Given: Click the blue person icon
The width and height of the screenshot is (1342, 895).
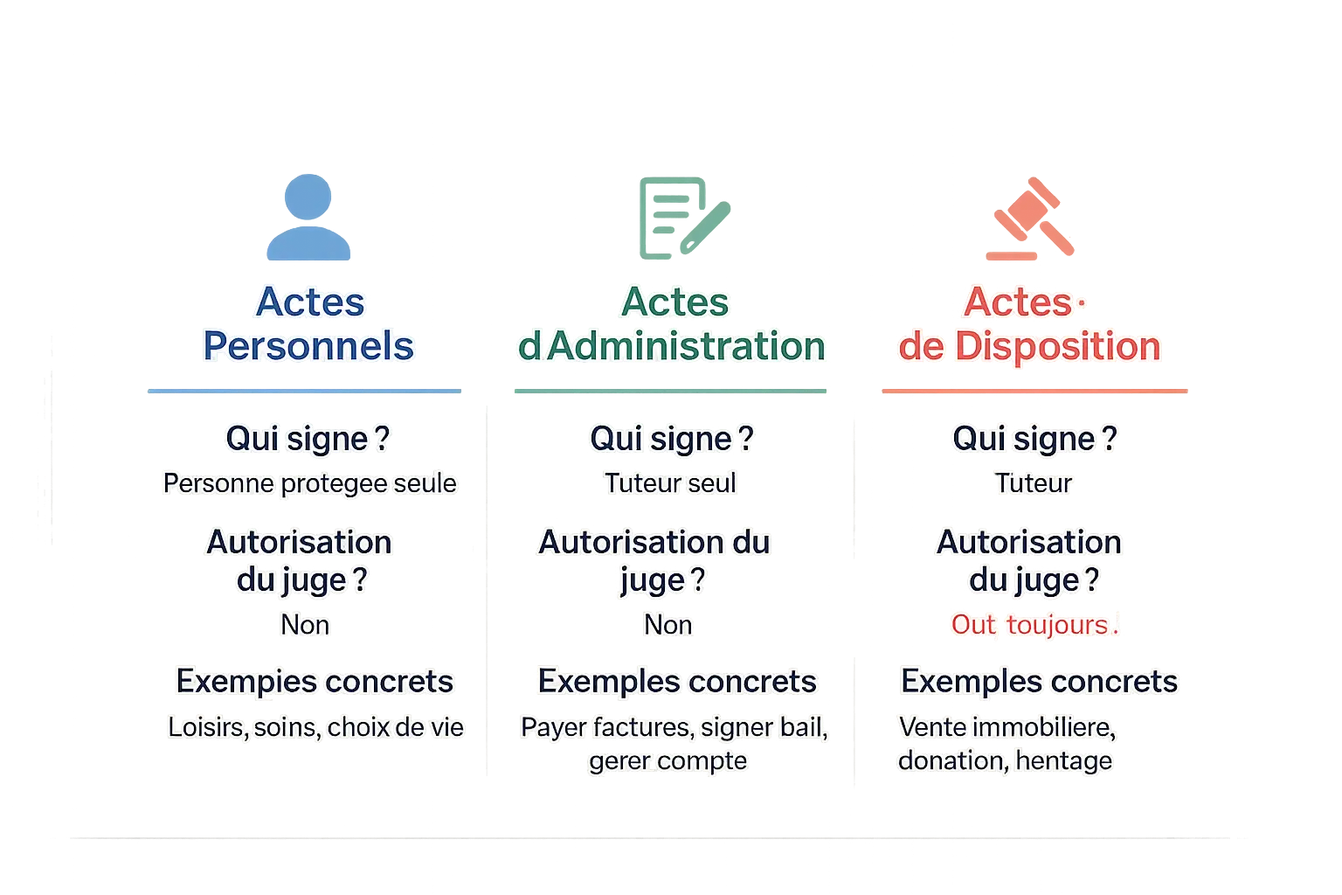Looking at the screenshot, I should pyautogui.click(x=309, y=219).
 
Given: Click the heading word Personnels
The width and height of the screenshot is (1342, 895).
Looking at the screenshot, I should pyautogui.click(x=308, y=346).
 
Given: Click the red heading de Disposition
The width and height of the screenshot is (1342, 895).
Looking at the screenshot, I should pyautogui.click(x=1029, y=346).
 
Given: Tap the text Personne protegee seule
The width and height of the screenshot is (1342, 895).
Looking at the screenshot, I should pyautogui.click(x=309, y=483).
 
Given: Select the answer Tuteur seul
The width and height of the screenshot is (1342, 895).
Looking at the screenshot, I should pyautogui.click(x=670, y=483).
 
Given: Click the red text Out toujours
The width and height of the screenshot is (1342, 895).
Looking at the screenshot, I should pyautogui.click(x=1034, y=625).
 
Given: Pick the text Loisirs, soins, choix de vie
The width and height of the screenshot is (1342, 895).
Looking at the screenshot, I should pyautogui.click(x=315, y=727).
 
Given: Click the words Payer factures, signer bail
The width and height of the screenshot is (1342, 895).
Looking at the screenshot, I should pyautogui.click(x=673, y=727).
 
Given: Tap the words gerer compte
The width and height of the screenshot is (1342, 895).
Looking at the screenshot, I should pyautogui.click(x=668, y=761).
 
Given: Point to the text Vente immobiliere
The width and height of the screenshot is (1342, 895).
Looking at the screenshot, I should pyautogui.click(x=1006, y=727).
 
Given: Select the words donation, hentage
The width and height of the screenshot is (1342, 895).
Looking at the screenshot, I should pyautogui.click(x=1005, y=761).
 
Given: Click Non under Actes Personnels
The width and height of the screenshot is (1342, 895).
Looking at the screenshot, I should pyautogui.click(x=305, y=625).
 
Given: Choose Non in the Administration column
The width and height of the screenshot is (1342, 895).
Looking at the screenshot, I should pyautogui.click(x=668, y=625).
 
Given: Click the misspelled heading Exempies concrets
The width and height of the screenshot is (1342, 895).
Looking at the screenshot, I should pyautogui.click(x=315, y=682).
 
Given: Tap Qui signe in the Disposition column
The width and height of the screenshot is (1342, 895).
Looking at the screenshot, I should pyautogui.click(x=1034, y=439).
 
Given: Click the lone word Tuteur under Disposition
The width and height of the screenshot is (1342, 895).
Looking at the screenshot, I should pyautogui.click(x=1033, y=483).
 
